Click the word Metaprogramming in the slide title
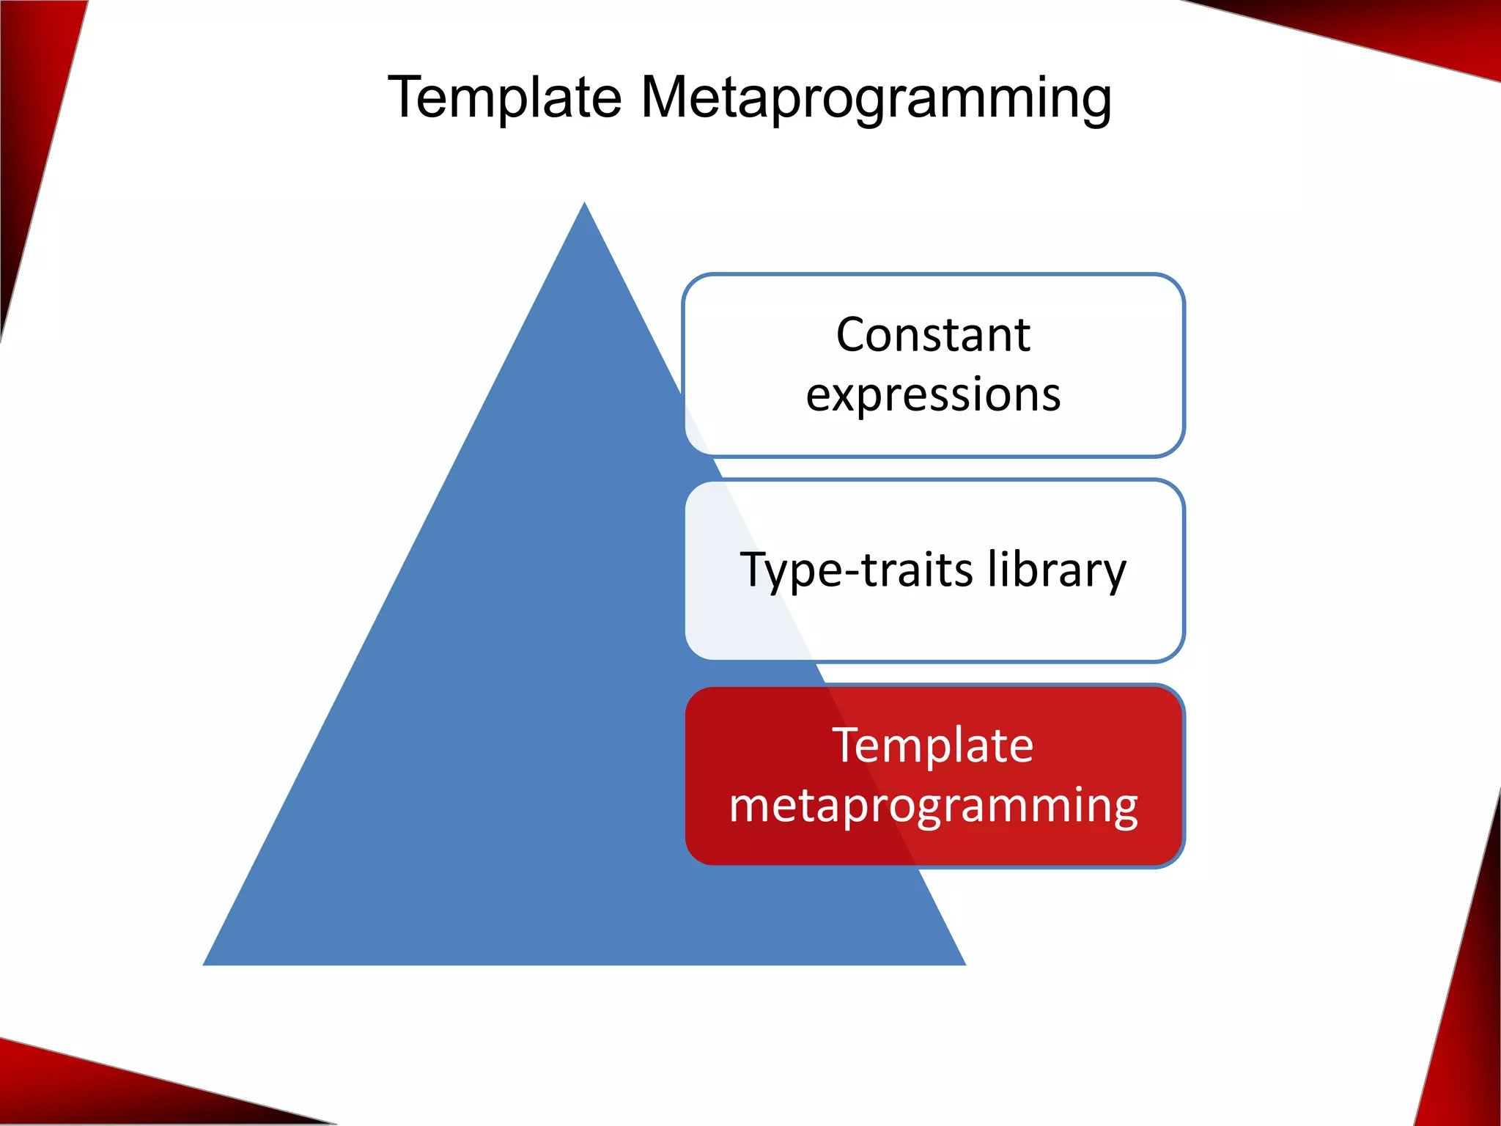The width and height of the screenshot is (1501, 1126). pyautogui.click(x=876, y=99)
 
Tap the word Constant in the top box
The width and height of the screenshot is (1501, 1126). pyautogui.click(x=933, y=335)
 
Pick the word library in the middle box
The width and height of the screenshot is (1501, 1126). pyautogui.click(x=1056, y=570)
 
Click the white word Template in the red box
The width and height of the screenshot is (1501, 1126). pyautogui.click(x=932, y=746)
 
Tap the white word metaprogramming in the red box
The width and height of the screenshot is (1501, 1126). pyautogui.click(x=933, y=806)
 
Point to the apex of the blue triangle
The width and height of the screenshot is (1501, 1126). pyautogui.click(x=584, y=206)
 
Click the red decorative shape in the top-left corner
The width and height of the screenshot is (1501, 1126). pyautogui.click(x=29, y=110)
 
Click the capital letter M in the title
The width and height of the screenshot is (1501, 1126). pyautogui.click(x=666, y=97)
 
